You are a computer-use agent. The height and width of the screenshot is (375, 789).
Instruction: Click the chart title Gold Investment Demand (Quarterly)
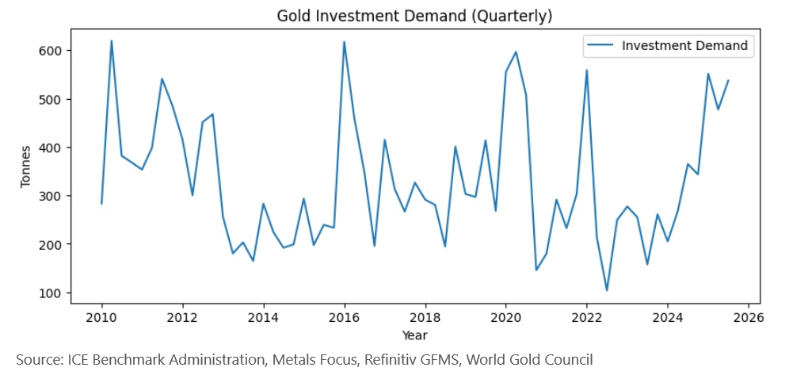414,16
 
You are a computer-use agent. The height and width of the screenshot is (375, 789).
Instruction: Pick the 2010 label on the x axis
101,318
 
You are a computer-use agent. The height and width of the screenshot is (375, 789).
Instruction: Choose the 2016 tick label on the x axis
344,318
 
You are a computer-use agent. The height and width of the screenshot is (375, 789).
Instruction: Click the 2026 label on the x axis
748,318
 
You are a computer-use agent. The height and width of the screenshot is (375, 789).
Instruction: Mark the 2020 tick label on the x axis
505,318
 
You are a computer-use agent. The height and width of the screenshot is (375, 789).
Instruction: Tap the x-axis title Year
414,335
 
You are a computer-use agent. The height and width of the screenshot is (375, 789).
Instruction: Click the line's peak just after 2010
112,41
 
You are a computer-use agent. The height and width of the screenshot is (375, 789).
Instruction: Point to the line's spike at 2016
344,42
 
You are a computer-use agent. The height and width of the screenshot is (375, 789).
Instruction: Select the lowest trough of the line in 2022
607,290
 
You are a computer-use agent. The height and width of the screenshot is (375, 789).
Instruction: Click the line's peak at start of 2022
586,71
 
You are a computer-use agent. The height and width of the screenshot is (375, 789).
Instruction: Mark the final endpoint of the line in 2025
728,80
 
